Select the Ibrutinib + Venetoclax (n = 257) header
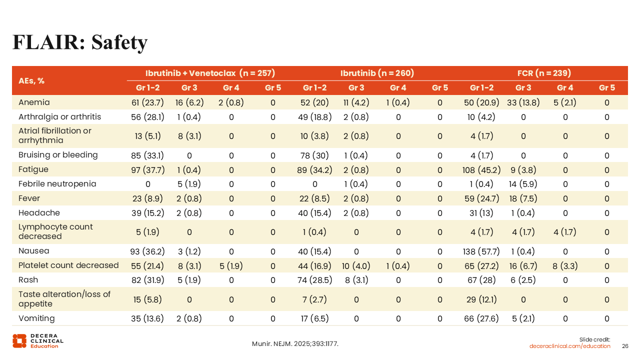coord(210,73)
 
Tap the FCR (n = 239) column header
coord(544,73)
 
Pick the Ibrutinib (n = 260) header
coord(377,73)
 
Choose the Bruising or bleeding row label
coord(58,155)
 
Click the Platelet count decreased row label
coord(68,265)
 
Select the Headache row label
coord(39,213)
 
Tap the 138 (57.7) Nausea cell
coord(481,251)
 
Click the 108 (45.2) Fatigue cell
coord(481,169)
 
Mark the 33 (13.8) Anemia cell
coord(523,102)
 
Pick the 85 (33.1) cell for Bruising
coord(147,155)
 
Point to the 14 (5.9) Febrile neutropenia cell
coord(523,184)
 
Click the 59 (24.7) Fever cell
coord(481,198)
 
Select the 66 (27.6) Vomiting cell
coord(481,318)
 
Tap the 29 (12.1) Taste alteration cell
coord(481,299)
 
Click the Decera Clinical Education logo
coord(38,340)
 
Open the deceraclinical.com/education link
coord(570,346)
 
